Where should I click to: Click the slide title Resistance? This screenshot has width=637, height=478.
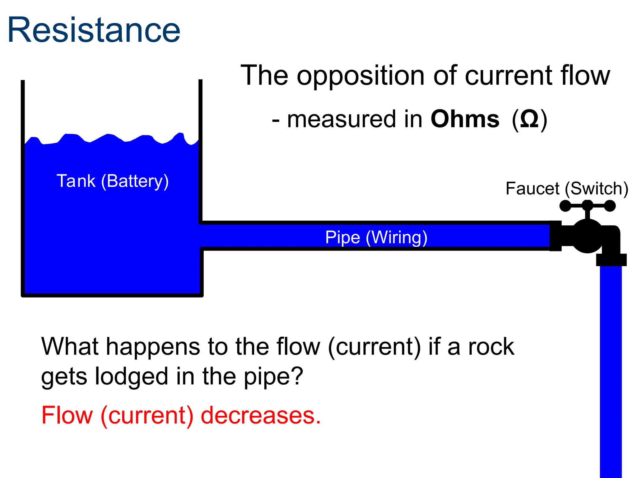(x=94, y=30)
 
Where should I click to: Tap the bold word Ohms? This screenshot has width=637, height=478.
(x=465, y=119)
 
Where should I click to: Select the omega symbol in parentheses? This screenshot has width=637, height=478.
(x=529, y=119)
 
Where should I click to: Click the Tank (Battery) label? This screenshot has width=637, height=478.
(x=113, y=181)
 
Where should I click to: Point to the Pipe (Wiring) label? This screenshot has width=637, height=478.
(x=376, y=237)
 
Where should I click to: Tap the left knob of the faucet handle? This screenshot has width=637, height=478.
(x=565, y=206)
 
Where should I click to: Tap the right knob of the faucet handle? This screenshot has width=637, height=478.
(x=610, y=206)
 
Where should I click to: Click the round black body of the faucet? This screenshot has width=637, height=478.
(x=587, y=236)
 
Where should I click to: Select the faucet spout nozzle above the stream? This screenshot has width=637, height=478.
(x=611, y=260)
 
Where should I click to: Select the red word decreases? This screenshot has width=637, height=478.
(x=261, y=416)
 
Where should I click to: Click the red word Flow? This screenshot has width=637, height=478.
(x=67, y=416)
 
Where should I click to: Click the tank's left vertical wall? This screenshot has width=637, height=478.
(x=23, y=187)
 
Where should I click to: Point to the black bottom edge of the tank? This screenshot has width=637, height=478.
(x=112, y=295)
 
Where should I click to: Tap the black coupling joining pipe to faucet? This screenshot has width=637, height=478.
(x=556, y=236)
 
